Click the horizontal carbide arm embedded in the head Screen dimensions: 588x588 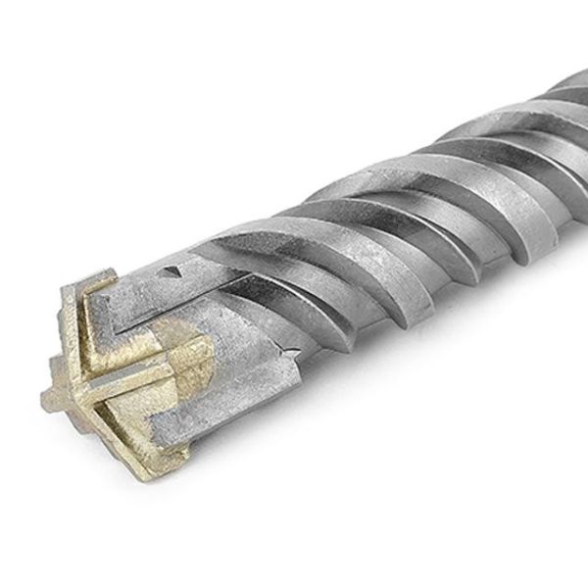[137, 372]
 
